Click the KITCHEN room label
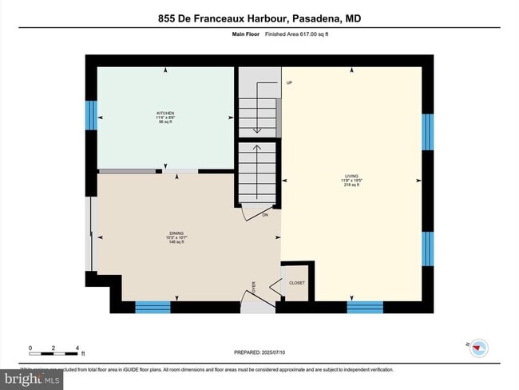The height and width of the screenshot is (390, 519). pos(165,113)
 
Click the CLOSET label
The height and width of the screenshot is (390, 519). pos(297,283)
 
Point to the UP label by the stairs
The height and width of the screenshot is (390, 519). pos(288,83)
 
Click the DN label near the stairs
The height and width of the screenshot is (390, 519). pos(265,214)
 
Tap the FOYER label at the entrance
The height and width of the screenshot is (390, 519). pos(255,288)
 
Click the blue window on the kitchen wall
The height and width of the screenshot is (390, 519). pos(90,116)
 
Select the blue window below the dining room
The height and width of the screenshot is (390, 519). pos(153,307)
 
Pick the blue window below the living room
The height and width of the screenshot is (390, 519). pos(365,307)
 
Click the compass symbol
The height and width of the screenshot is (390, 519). pos(479,347)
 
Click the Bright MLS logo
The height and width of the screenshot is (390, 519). pos(32,379)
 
